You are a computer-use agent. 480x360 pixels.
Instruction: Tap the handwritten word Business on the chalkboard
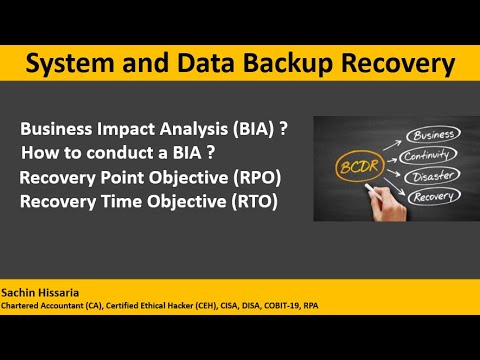point(432,134)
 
